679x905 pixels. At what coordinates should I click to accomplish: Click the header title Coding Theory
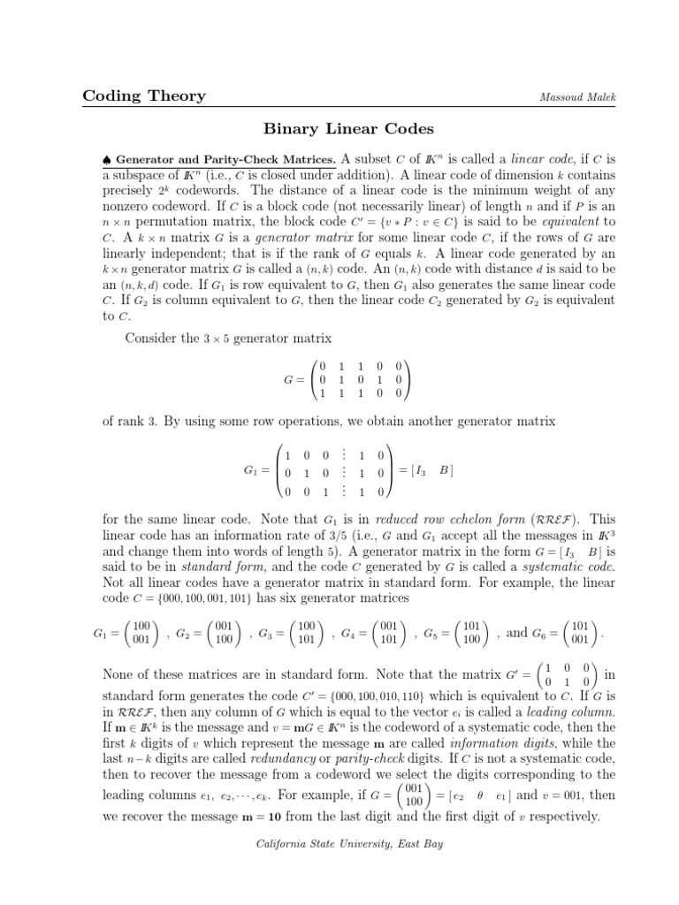pyautogui.click(x=144, y=95)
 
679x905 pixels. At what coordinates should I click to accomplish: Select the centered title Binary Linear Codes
pyautogui.click(x=339, y=130)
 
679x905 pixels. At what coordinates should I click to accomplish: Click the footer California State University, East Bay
pyautogui.click(x=339, y=844)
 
